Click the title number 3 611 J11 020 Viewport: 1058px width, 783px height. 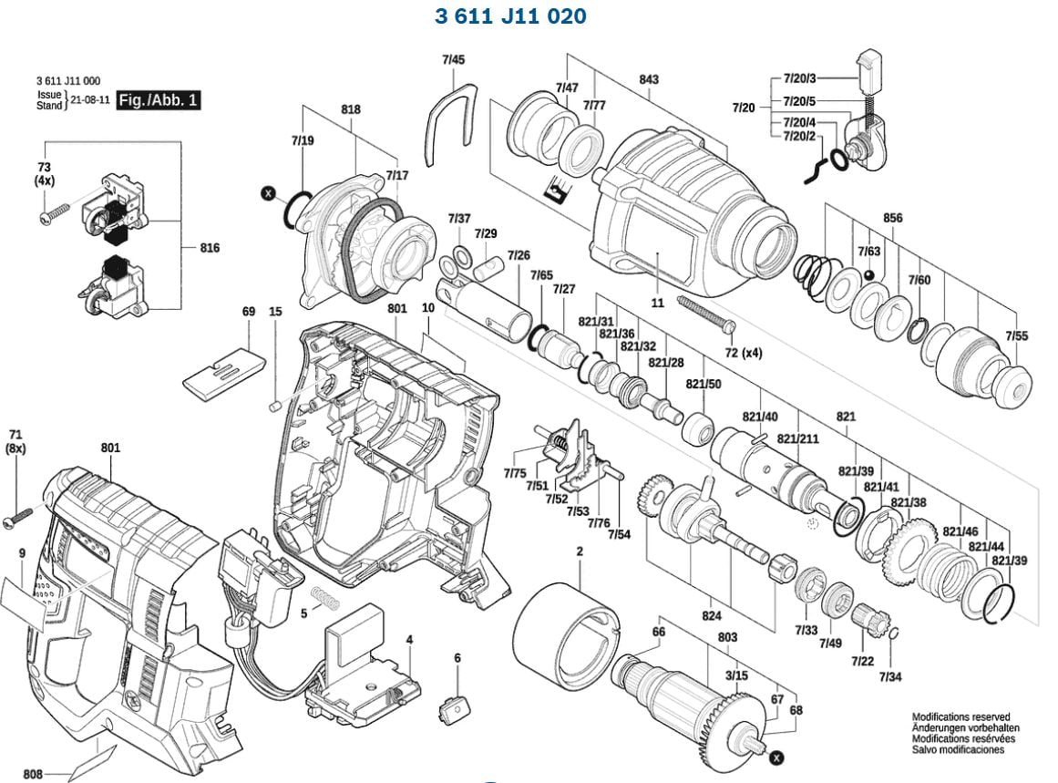click(x=510, y=16)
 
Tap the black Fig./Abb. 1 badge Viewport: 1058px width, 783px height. click(x=158, y=100)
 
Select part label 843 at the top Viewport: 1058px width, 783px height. click(x=648, y=80)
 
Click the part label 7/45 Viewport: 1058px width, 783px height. click(x=453, y=60)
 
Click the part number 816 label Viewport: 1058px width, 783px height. click(x=209, y=248)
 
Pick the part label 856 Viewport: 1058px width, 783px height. click(x=892, y=218)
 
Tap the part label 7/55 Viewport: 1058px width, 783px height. click(x=1016, y=336)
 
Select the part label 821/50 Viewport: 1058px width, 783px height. click(x=703, y=385)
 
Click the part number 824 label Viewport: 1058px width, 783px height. click(x=712, y=616)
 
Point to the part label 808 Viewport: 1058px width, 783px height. click(x=33, y=774)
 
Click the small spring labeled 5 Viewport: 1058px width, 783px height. click(x=324, y=598)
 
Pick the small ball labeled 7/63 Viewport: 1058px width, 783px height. click(x=870, y=276)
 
